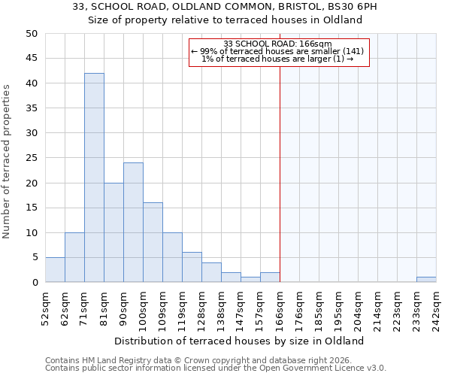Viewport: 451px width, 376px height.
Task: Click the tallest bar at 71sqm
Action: [x=94, y=177]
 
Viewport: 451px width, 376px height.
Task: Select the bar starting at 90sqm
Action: [x=133, y=222]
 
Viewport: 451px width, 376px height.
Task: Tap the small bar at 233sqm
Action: [x=426, y=280]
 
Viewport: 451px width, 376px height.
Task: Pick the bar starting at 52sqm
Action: [x=55, y=270]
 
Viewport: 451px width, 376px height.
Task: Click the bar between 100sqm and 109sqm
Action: [x=153, y=242]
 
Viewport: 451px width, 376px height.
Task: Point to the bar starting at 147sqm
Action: [x=250, y=280]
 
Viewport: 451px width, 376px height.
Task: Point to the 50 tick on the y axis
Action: [x=31, y=34]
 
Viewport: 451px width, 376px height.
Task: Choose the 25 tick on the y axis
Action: [x=31, y=158]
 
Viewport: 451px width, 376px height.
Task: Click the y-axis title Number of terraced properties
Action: [x=7, y=162]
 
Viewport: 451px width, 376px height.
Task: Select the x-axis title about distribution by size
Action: [x=241, y=341]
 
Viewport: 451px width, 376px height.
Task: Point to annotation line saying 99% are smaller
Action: [x=277, y=51]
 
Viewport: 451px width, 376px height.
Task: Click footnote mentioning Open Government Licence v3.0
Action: [x=216, y=368]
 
